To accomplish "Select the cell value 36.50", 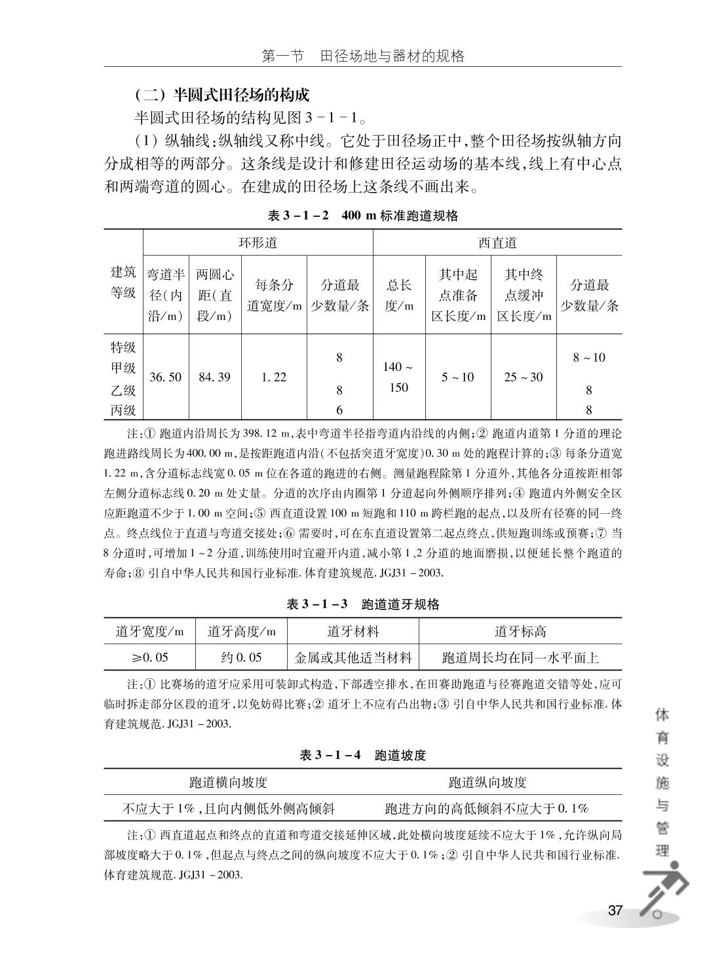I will point(166,377).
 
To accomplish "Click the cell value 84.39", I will point(215,377).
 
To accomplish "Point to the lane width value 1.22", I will point(274,377).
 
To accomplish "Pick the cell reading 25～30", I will point(524,377).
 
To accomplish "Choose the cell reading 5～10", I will point(458,377).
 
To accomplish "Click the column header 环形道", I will point(258,242).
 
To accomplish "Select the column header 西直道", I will point(497,242).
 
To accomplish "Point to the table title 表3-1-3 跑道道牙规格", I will point(362,604).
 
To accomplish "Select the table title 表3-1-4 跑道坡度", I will point(362,755).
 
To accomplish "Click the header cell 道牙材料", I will point(353,632).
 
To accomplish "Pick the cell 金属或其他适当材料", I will point(353,657).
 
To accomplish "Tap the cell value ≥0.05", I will point(149,657).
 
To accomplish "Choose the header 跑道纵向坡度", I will point(487,782).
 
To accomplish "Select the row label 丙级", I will point(123,411).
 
